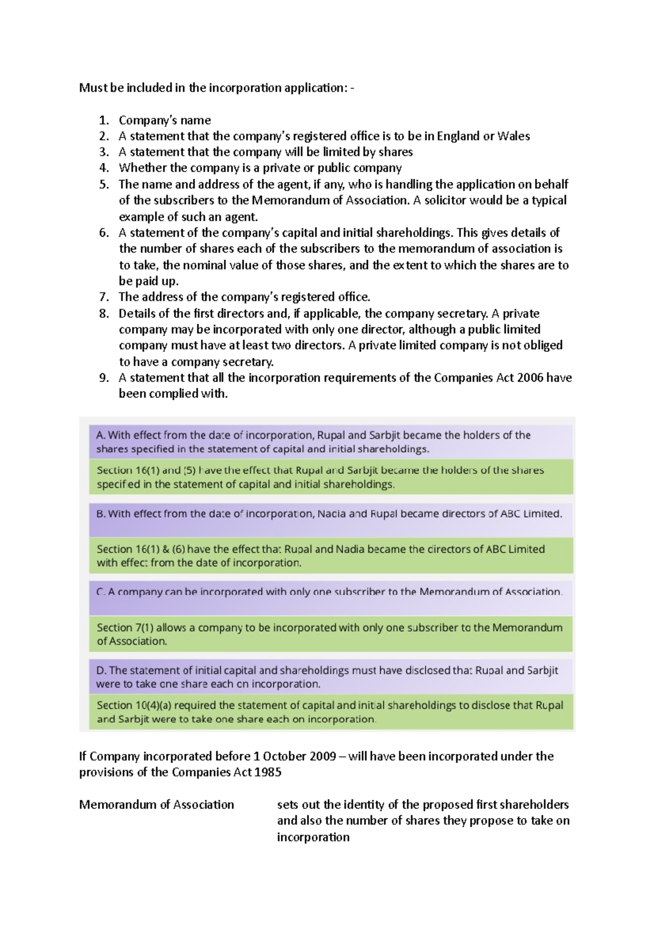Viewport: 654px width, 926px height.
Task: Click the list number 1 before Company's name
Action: pyautogui.click(x=104, y=121)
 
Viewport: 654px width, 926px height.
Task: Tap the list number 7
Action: pyautogui.click(x=104, y=297)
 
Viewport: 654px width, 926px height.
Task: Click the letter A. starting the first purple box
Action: pyautogui.click(x=101, y=435)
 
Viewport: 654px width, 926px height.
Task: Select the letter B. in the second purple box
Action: pyautogui.click(x=101, y=514)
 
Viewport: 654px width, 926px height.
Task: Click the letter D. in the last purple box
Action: pyautogui.click(x=101, y=670)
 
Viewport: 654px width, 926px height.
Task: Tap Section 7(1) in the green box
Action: pyautogui.click(x=125, y=628)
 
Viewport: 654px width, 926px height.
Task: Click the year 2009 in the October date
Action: pyautogui.click(x=323, y=756)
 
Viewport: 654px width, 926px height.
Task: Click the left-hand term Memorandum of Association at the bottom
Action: pyautogui.click(x=156, y=804)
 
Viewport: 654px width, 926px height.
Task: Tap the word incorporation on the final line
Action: pyautogui.click(x=313, y=837)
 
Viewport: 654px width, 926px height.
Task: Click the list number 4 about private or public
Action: pyautogui.click(x=104, y=169)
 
